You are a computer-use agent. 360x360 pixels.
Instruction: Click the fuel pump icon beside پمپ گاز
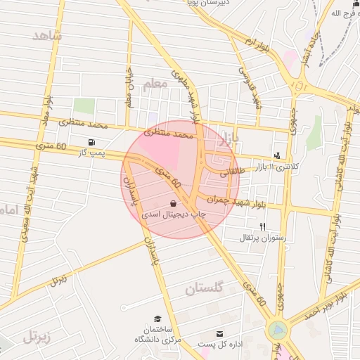click(x=91, y=142)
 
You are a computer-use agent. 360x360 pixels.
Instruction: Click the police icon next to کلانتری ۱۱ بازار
click(x=277, y=156)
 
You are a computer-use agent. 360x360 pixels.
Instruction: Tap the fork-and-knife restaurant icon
click(x=262, y=226)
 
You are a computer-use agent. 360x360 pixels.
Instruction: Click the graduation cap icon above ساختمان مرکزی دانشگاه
click(x=157, y=319)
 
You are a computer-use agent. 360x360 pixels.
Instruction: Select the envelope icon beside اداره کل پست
click(x=220, y=333)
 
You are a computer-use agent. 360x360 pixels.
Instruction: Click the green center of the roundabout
click(x=278, y=329)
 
